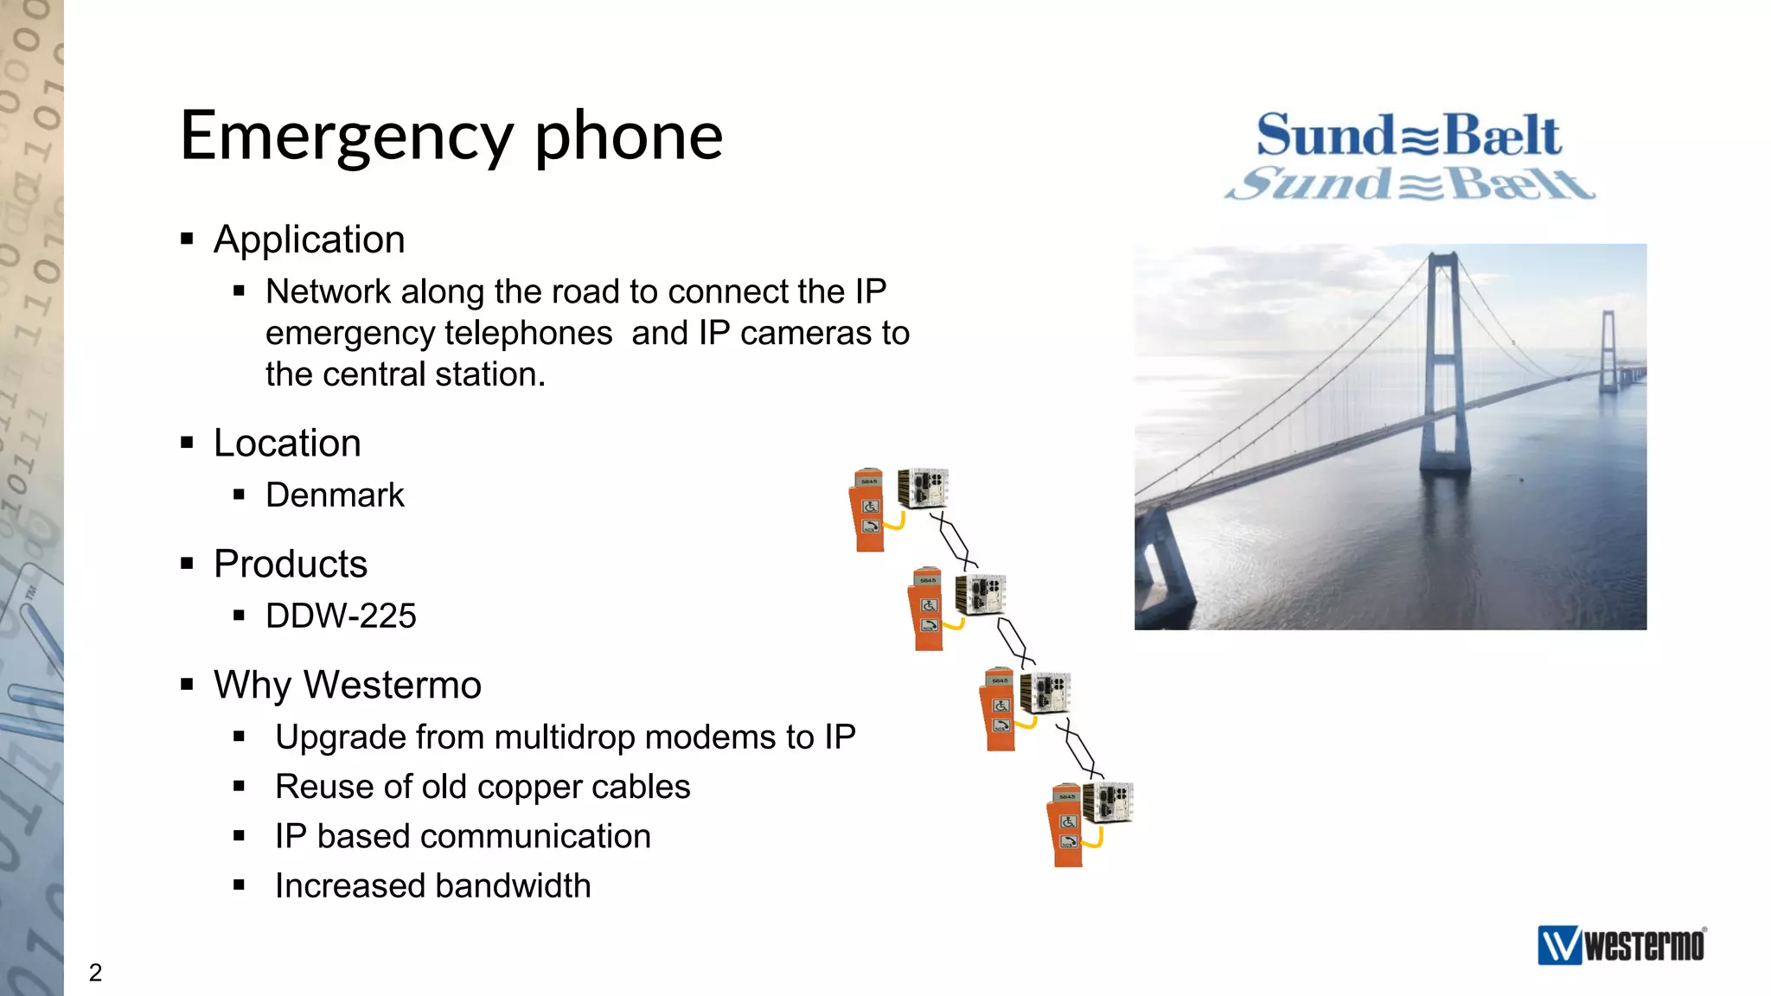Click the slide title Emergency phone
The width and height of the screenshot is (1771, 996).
tap(451, 137)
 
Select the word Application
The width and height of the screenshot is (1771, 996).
tap(309, 239)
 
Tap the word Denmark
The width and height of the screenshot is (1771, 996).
tap(335, 495)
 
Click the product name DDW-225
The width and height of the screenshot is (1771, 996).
tap(341, 616)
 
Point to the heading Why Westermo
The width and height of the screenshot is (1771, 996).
tap(347, 685)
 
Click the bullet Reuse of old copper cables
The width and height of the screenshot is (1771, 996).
tap(483, 787)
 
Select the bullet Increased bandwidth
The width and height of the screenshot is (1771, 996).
tap(432, 886)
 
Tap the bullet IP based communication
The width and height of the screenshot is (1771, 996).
tap(463, 837)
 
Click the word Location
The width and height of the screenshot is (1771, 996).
tap(287, 444)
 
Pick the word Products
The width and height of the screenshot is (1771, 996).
tap(291, 565)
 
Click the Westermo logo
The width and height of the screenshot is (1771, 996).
tap(1621, 945)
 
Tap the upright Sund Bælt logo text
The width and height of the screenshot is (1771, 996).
tap(1409, 136)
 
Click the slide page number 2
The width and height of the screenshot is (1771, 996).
tap(96, 973)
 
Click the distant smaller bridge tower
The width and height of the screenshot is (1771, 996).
tap(1608, 350)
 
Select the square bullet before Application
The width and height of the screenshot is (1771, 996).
tap(187, 239)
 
